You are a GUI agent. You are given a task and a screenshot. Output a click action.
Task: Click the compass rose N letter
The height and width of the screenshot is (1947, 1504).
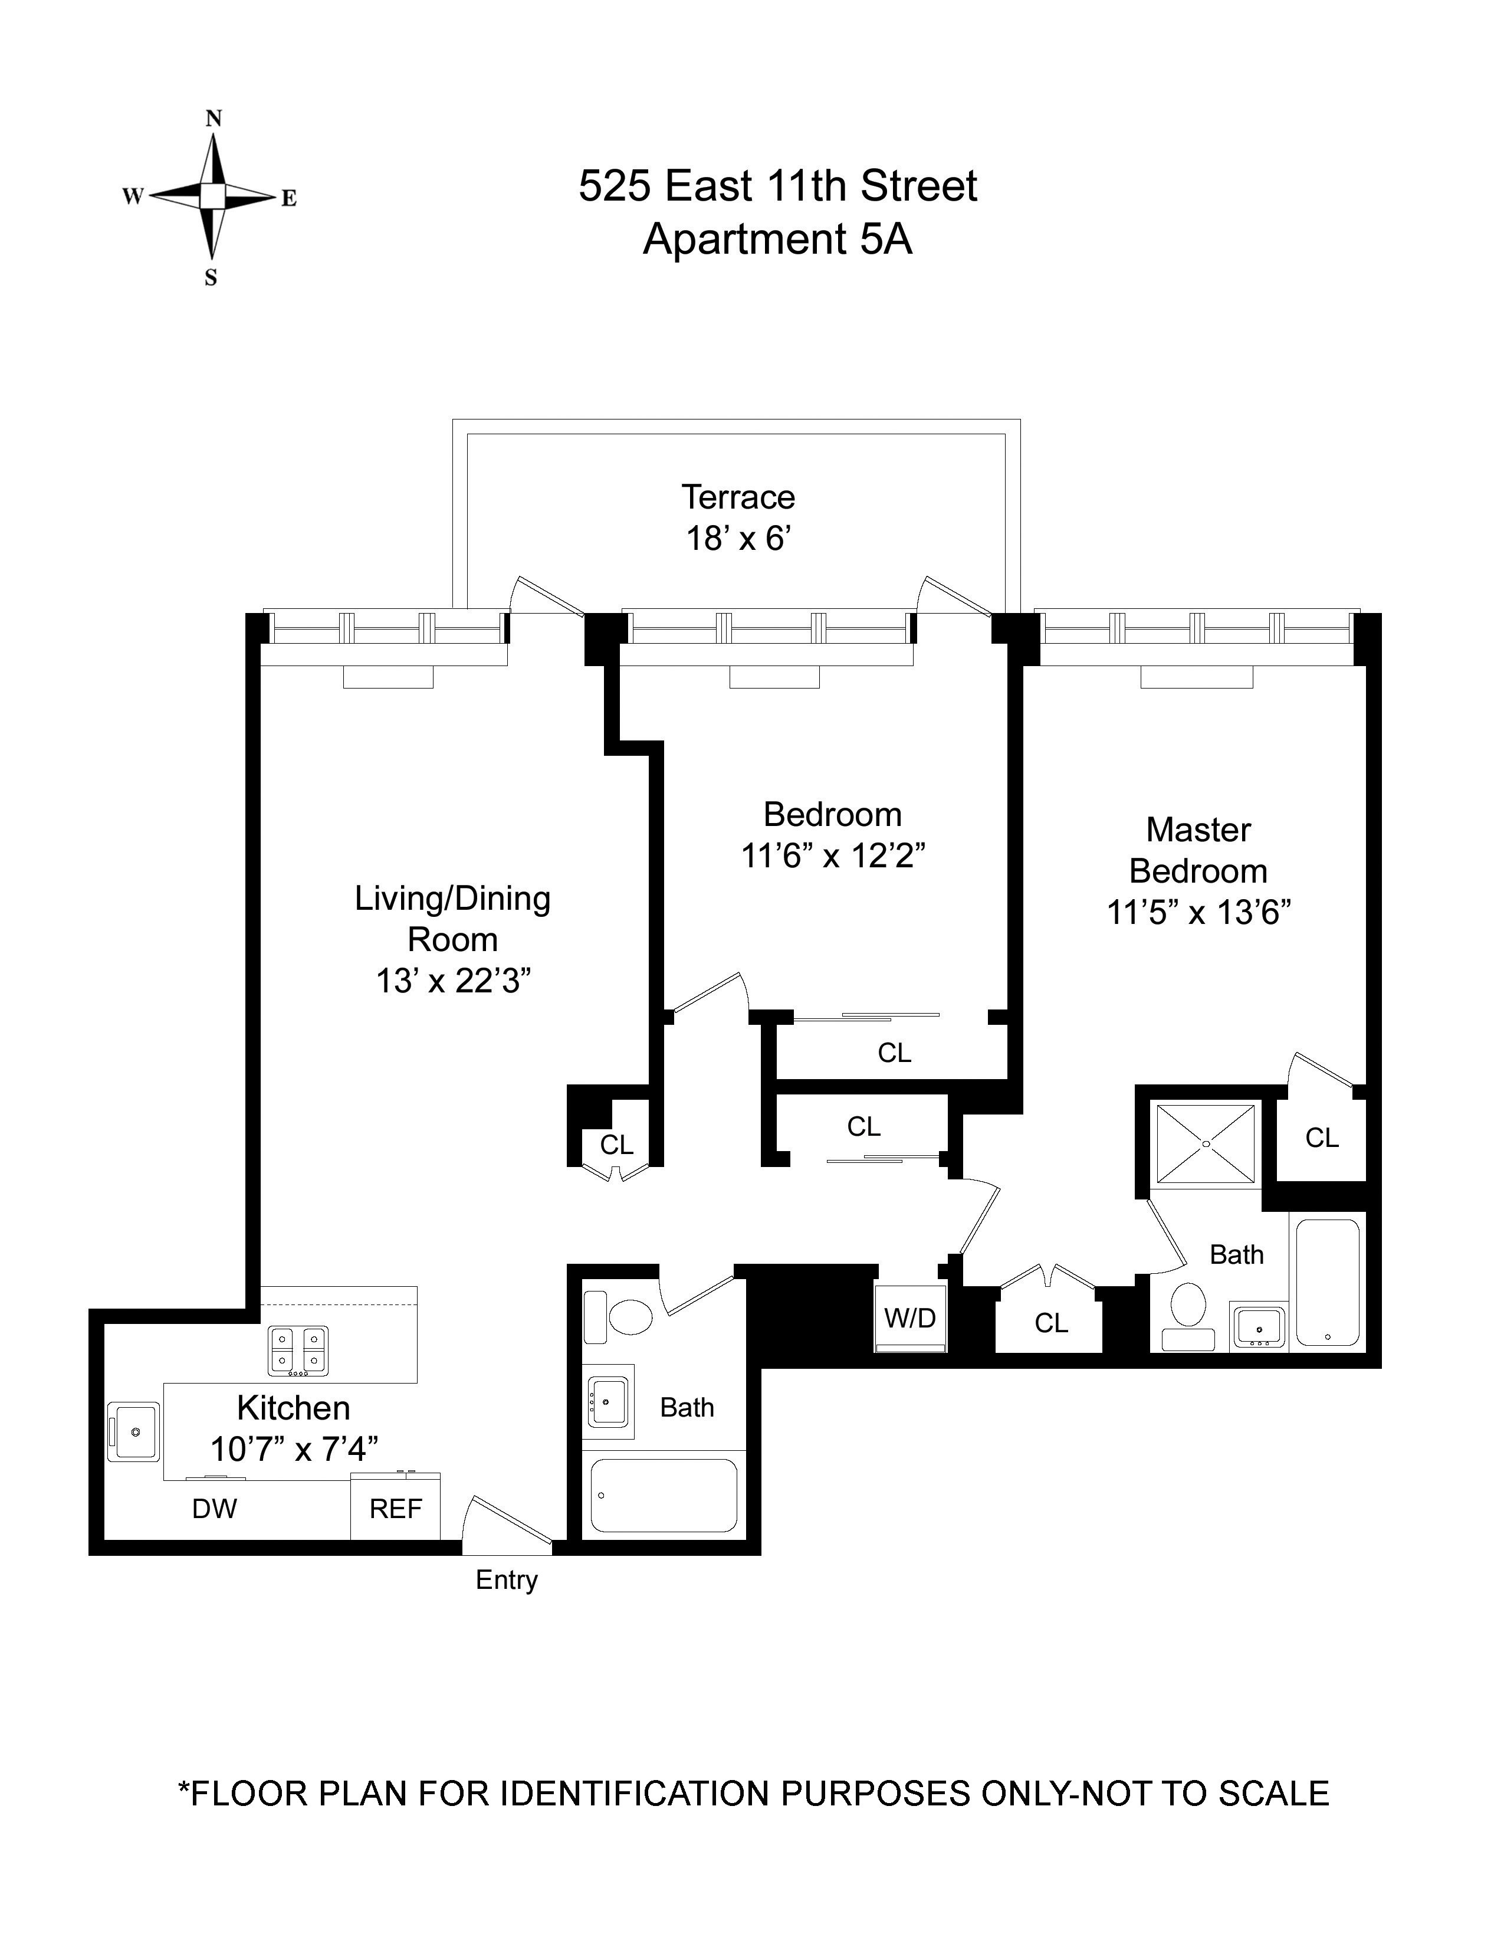coord(214,119)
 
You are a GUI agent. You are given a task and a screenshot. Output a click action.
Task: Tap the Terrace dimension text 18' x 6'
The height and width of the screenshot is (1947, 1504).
coord(738,539)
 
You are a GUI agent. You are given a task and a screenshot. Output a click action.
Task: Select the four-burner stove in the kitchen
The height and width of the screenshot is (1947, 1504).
coord(298,1350)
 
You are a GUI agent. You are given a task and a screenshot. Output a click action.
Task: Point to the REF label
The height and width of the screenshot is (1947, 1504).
coord(396,1509)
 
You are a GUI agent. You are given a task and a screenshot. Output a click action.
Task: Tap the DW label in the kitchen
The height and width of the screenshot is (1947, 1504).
coord(215,1509)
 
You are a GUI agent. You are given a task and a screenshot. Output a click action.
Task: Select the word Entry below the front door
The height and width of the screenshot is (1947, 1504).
coord(507,1581)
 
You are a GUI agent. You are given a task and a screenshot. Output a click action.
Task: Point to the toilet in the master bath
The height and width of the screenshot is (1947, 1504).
coord(1188,1316)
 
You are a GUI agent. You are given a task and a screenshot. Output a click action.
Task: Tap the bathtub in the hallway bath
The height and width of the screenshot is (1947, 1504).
coord(664,1495)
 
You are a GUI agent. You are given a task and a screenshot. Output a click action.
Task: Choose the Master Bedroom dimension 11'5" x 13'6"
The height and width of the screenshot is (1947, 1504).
coord(1198,913)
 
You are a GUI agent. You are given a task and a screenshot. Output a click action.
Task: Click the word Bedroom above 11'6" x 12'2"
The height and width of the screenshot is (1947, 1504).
coord(832,815)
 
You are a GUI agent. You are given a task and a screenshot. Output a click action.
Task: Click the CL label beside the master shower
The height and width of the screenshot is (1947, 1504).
coord(1321,1138)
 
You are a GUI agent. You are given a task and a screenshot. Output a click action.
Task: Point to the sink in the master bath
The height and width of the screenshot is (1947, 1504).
coord(1258,1326)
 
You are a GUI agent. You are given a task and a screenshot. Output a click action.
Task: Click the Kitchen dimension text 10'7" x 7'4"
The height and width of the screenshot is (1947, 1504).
coord(294,1450)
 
